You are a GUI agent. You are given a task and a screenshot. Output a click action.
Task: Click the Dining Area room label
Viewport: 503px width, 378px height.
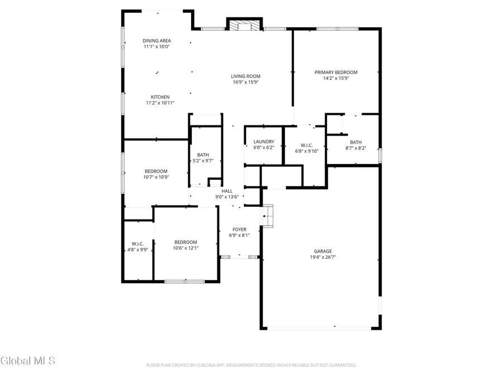[x=156, y=41]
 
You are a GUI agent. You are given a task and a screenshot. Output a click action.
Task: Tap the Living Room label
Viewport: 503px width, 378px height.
[x=246, y=76]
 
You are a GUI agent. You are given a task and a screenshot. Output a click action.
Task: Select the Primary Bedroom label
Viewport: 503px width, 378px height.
[x=335, y=72]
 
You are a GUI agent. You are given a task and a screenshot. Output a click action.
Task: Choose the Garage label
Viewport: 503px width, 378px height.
[x=322, y=251]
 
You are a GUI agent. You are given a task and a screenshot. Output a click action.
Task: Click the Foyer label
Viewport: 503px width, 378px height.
[x=239, y=230]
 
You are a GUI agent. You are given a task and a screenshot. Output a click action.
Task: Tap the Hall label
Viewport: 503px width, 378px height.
[x=227, y=191]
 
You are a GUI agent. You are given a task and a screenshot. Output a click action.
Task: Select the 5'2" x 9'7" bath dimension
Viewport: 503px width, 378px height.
[x=202, y=161]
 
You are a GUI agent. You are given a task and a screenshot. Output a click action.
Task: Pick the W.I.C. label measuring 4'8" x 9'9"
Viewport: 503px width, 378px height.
[x=137, y=244]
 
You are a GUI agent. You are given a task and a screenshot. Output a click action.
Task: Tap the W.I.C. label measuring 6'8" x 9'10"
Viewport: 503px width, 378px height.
[x=306, y=145]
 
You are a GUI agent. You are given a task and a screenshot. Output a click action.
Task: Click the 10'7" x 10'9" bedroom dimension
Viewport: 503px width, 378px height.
[x=156, y=177]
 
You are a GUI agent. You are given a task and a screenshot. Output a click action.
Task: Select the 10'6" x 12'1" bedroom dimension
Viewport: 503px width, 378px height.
[x=185, y=248]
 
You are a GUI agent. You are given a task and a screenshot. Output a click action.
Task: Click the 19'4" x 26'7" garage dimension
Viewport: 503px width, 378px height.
[x=322, y=258]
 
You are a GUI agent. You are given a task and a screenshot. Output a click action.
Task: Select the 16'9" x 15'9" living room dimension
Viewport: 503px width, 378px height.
[x=246, y=82]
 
